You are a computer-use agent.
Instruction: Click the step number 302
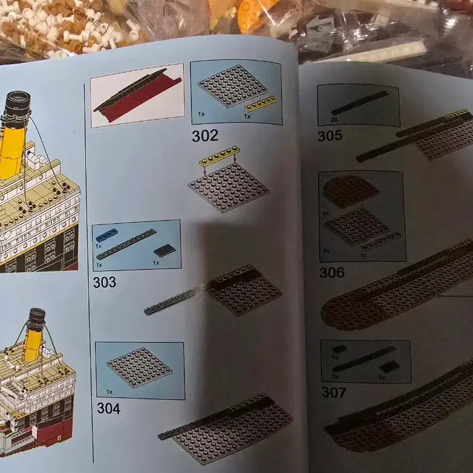(204, 136)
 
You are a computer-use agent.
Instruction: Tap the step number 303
(105, 282)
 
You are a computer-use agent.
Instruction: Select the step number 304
(108, 408)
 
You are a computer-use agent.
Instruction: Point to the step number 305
(330, 136)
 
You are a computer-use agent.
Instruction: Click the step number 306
(331, 273)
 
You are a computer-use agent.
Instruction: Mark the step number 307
(333, 393)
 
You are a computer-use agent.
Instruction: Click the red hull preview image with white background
(137, 96)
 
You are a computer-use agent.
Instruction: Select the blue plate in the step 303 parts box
(107, 235)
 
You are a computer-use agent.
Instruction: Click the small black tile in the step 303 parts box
(165, 250)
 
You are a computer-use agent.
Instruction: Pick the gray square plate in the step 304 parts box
(139, 367)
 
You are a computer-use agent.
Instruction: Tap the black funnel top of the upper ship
(18, 102)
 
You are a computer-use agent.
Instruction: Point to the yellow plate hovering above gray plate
(219, 157)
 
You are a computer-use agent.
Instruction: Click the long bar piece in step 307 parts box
(364, 359)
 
